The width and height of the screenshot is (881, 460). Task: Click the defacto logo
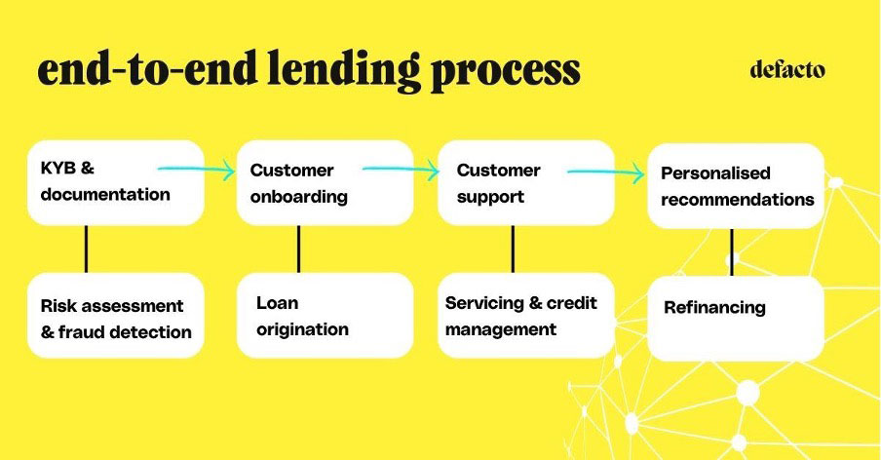pyautogui.click(x=787, y=69)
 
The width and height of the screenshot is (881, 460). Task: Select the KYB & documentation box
pyautogui.click(x=116, y=182)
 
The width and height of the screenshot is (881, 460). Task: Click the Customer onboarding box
pyautogui.click(x=325, y=182)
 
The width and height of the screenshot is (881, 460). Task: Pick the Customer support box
pyautogui.click(x=526, y=182)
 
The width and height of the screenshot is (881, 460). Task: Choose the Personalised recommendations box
pyautogui.click(x=736, y=186)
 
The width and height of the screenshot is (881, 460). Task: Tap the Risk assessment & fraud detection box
pyautogui.click(x=116, y=316)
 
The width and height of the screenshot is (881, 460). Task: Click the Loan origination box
pyautogui.click(x=325, y=316)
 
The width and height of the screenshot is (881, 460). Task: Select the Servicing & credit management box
pyautogui.click(x=526, y=316)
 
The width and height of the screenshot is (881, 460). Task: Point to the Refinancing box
pyautogui.click(x=736, y=319)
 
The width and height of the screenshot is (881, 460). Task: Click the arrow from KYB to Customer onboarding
pyautogui.click(x=197, y=169)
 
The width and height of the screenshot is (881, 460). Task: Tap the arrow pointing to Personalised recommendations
pyautogui.click(x=606, y=172)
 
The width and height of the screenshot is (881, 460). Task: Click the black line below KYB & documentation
pyautogui.click(x=86, y=249)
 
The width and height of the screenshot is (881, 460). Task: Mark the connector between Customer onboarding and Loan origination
pyautogui.click(x=298, y=249)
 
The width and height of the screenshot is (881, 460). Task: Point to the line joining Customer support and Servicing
pyautogui.click(x=513, y=249)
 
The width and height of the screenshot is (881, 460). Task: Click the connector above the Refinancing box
pyautogui.click(x=732, y=252)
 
